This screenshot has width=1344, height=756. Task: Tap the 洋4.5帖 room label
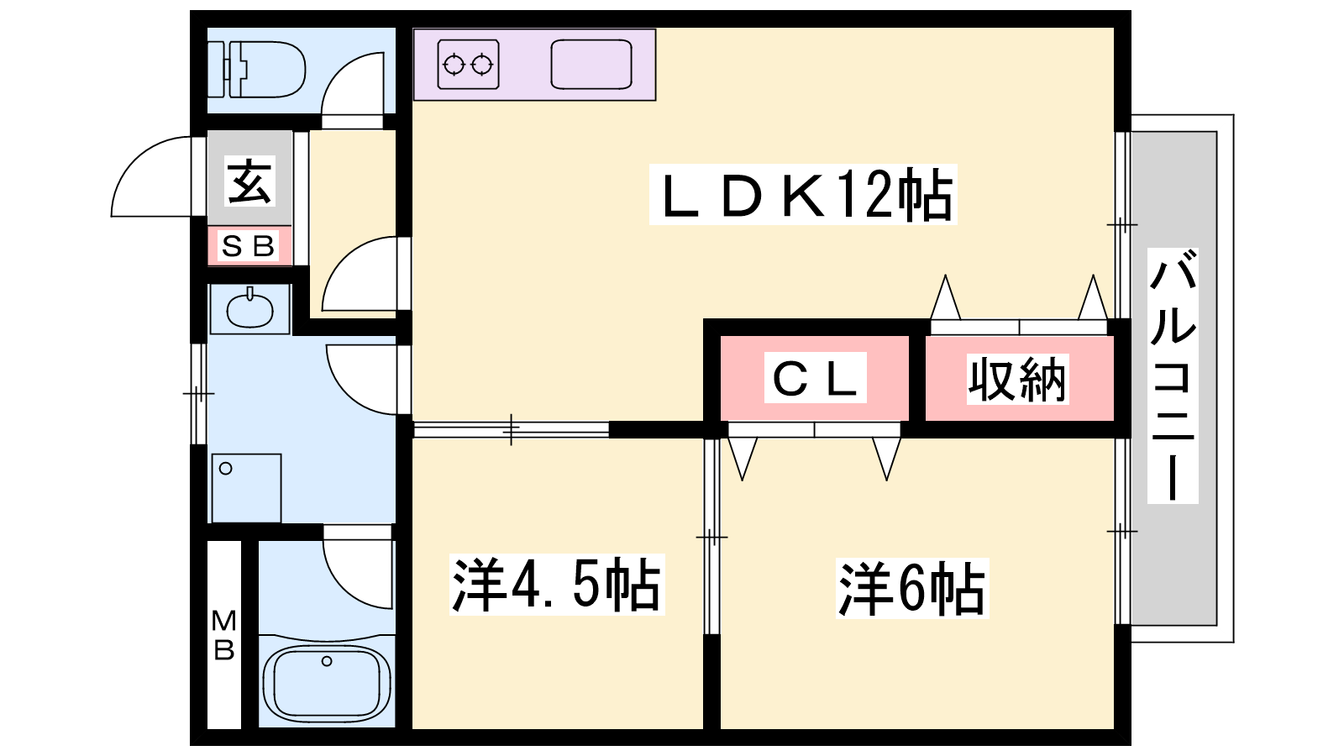click(x=556, y=585)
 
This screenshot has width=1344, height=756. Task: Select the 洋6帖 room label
click(x=911, y=588)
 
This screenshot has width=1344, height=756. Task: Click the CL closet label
click(x=815, y=378)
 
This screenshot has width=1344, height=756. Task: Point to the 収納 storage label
click(x=1017, y=379)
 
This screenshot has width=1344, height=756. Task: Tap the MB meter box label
click(x=223, y=635)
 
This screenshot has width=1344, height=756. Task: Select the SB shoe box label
click(x=249, y=246)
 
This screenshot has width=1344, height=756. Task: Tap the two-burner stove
click(x=468, y=64)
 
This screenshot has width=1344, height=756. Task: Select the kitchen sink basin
click(x=591, y=65)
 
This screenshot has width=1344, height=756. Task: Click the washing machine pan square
click(x=246, y=487)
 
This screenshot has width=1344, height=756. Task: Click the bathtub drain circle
click(x=327, y=661)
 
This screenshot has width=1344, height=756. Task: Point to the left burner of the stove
click(x=454, y=64)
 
